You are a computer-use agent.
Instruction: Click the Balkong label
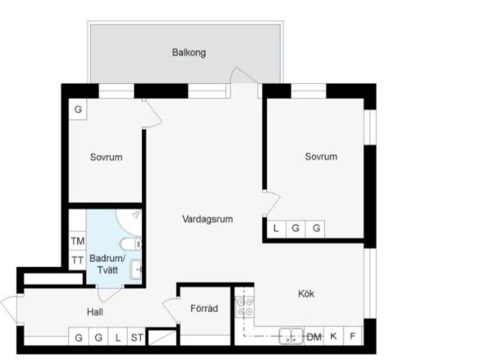pos(189,52)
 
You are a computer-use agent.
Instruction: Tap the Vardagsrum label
pos(208,219)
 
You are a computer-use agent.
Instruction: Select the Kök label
pos(306,293)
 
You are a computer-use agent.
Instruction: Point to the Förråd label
pos(204,308)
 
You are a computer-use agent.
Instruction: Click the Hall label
pos(95,312)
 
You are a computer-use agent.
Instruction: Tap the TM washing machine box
pos(77,241)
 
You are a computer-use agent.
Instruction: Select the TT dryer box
pos(77,260)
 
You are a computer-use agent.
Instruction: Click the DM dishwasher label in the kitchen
pos(314,337)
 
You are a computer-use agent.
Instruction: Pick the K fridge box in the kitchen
pos(334,336)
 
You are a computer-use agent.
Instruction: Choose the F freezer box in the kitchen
pos(353,336)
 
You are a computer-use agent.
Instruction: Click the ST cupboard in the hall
pos(136,337)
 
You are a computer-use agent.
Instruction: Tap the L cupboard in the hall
pos(118,337)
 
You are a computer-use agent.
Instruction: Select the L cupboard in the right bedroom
pos(276,229)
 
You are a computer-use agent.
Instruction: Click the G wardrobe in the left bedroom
pos(78,109)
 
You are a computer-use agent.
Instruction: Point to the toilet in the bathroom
pos(130,244)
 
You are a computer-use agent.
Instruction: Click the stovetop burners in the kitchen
pos(244,307)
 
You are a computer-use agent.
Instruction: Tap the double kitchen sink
pos(291,336)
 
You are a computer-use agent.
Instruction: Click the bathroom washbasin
pos(136,270)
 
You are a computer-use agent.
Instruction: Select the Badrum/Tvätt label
pos(107,264)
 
